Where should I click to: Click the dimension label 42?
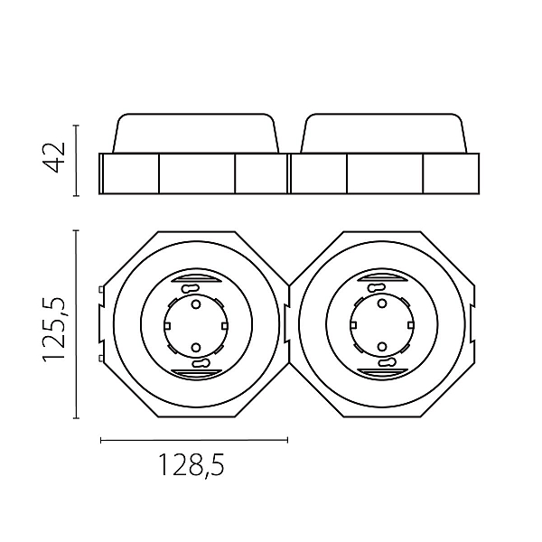point(53,157)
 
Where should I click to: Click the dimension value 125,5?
point(53,330)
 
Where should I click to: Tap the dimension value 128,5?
point(192,465)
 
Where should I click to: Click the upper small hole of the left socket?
point(196,304)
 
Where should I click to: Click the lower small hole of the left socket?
point(196,347)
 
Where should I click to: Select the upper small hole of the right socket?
point(381,304)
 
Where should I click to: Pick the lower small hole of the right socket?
point(381,346)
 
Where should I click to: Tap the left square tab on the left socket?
point(167,325)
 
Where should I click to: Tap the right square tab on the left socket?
point(225,325)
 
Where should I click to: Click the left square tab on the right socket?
point(353,325)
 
